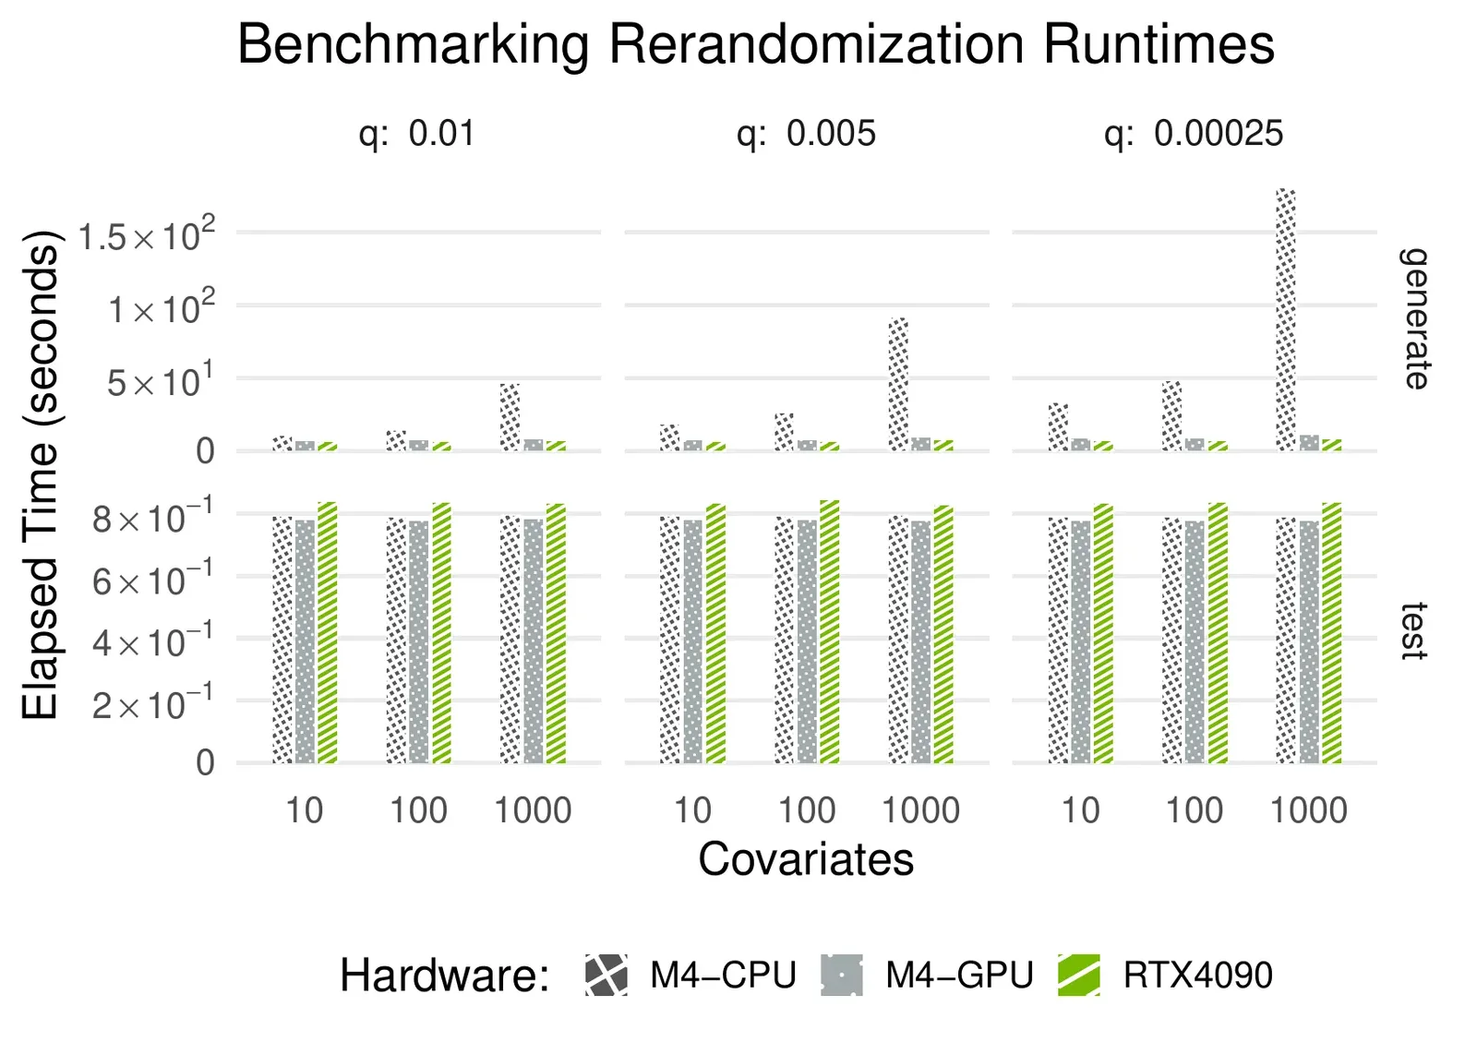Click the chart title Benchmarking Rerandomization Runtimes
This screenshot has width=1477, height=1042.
pos(755,43)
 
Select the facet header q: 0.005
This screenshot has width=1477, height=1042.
pos(806,134)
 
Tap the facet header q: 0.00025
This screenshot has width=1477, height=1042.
pos(1193,134)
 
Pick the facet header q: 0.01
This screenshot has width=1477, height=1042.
pos(417,134)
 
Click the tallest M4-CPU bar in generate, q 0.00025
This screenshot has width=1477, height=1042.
pos(1285,319)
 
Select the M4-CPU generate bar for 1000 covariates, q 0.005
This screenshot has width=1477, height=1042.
pos(898,384)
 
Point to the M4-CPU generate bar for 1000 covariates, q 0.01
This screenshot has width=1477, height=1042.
pos(510,417)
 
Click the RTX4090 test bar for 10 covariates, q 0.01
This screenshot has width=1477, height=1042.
pos(327,633)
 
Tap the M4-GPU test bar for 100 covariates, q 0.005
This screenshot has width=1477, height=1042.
pos(807,641)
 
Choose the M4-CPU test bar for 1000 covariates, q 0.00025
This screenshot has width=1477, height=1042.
pos(1285,641)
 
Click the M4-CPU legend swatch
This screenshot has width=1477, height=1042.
pos(606,976)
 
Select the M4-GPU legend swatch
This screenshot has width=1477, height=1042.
pos(841,976)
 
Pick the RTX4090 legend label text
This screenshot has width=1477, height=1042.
pos(1197,976)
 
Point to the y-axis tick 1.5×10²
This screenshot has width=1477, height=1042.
pos(147,236)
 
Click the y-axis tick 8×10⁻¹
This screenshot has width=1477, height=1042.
pos(152,519)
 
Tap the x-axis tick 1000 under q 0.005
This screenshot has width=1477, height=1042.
pos(920,810)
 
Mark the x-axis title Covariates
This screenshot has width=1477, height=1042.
pos(806,859)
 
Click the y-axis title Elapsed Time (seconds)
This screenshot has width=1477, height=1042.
pos(41,475)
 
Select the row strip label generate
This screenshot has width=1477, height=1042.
pos(1414,318)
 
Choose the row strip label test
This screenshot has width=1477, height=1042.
pos(1414,631)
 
